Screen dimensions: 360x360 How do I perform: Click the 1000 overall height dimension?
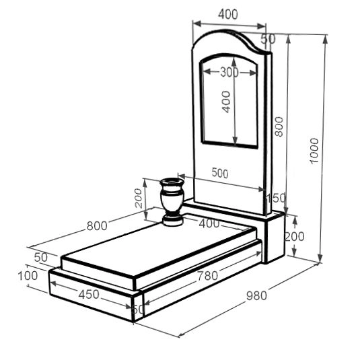pos(314,151)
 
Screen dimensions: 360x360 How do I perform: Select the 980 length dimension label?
pos(256,295)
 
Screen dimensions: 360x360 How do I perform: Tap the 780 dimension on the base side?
pos(208,276)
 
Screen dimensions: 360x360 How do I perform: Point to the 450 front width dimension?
pos(89,294)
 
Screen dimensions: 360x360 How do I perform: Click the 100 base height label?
pos(28,276)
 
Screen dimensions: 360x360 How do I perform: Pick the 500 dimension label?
pos(220,173)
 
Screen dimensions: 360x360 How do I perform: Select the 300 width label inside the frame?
pos(229,72)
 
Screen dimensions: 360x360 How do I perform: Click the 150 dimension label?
pos(276,198)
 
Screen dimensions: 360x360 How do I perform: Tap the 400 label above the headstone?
pos(228,14)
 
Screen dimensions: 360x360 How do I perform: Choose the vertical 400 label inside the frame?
pos(226,102)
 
